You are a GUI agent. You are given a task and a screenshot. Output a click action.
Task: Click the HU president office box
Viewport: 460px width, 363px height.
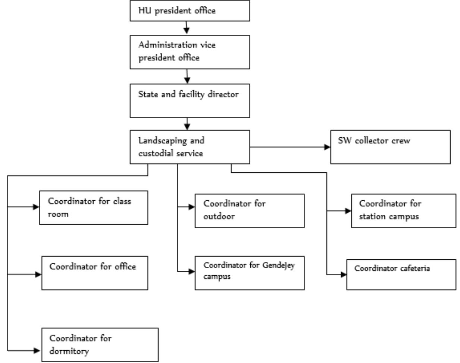[x=190, y=11]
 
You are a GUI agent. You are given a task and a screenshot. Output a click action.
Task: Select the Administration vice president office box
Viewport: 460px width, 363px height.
[x=190, y=52]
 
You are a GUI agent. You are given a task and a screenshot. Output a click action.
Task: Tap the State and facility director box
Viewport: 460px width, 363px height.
[x=190, y=101]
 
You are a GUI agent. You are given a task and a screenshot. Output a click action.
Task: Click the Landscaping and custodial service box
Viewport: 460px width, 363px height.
[x=190, y=147]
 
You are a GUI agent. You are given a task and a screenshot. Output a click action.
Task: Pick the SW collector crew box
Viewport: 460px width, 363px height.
[x=390, y=147]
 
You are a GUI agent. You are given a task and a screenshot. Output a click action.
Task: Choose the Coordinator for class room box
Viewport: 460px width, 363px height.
[x=94, y=208]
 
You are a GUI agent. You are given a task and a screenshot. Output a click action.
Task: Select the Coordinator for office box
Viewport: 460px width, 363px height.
[x=95, y=273]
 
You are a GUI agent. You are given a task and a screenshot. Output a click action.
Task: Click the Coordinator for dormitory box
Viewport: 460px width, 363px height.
[x=100, y=345]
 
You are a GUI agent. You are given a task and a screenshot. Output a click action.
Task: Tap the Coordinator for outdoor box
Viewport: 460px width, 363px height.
[x=249, y=210]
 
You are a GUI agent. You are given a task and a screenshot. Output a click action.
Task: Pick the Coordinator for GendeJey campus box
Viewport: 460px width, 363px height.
[x=249, y=273]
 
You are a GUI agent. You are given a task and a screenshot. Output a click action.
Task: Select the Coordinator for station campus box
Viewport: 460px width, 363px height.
[x=403, y=210]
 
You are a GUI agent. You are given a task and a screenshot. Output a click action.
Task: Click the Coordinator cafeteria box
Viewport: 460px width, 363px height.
[x=401, y=275]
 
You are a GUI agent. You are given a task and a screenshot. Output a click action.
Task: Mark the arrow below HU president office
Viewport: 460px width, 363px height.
[x=187, y=28]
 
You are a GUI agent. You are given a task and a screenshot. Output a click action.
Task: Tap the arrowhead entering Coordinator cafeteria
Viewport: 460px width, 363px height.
[x=343, y=275]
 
